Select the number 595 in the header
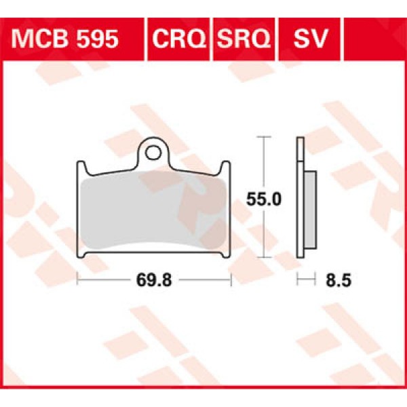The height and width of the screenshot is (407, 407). (x=95, y=39)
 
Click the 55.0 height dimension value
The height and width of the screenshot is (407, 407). (x=259, y=199)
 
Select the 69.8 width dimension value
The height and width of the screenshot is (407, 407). (x=154, y=279)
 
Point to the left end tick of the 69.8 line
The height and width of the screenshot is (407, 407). (x=78, y=279)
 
